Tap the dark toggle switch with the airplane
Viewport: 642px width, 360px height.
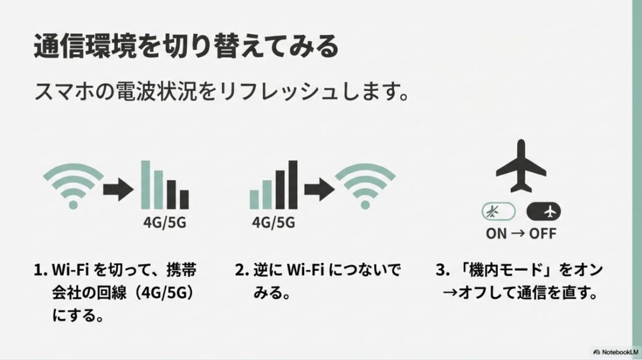[x=544, y=211]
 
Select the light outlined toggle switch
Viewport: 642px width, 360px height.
[x=498, y=211]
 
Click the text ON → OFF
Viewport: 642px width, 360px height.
[x=520, y=234]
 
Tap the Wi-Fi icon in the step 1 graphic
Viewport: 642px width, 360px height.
[x=73, y=186]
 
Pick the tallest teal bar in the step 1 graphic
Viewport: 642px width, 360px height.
[x=145, y=184]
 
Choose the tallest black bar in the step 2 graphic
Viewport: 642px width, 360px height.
[x=292, y=184]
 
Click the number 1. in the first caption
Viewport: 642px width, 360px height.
[x=40, y=271]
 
